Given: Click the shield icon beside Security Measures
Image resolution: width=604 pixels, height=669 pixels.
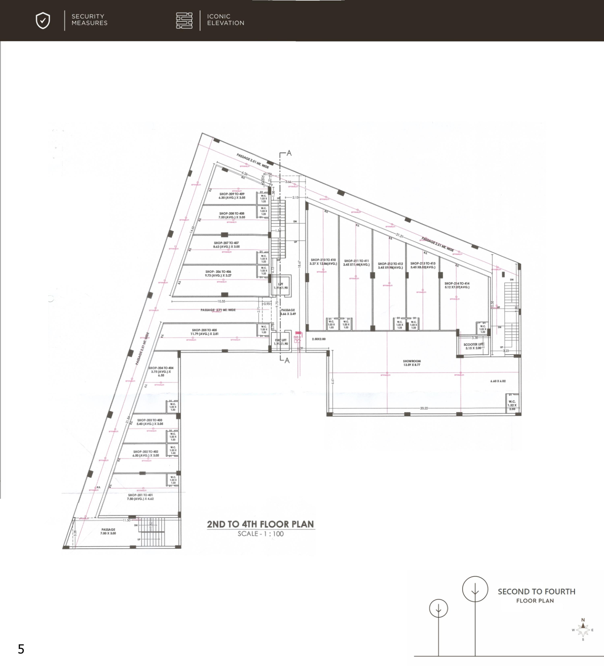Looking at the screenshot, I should point(43,21).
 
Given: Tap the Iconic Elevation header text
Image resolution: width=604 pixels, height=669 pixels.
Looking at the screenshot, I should point(225,20).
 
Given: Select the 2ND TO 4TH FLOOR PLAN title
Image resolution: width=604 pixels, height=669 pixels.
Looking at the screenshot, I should point(260,524).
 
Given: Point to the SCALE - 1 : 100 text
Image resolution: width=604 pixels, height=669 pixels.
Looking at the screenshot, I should point(260,534).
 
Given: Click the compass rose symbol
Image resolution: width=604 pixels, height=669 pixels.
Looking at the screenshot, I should point(583,630).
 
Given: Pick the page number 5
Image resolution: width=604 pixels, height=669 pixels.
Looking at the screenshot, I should point(21,649).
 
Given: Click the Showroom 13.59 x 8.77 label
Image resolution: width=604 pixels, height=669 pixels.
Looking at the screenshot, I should point(411,363).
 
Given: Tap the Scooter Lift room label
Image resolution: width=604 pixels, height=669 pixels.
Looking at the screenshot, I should point(473,346).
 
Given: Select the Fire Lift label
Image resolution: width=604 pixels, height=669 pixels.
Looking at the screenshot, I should point(281,342).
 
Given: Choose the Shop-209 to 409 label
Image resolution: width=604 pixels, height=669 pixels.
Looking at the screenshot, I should point(232,196).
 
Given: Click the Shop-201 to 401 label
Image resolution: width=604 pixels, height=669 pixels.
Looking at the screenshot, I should point(141,497).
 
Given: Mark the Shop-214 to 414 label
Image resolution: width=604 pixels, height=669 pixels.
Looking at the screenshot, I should point(457,285).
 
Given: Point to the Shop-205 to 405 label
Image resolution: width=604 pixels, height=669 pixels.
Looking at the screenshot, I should point(204,332).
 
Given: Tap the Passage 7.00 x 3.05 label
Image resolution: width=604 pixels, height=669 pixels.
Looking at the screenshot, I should point(108,531).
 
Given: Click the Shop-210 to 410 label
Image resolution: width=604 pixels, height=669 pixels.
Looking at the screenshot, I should point(323,262).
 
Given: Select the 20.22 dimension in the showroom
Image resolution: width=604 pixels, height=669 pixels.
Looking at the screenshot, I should point(424,408).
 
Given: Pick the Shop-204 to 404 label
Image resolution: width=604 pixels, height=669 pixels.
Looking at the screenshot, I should point(161,371).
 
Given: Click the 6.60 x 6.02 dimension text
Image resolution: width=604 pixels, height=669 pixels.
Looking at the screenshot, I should point(498,381).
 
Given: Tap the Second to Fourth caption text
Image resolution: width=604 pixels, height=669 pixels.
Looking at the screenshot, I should point(536,591).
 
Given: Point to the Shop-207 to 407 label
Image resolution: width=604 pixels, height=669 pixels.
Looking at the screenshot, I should point(226,245).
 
